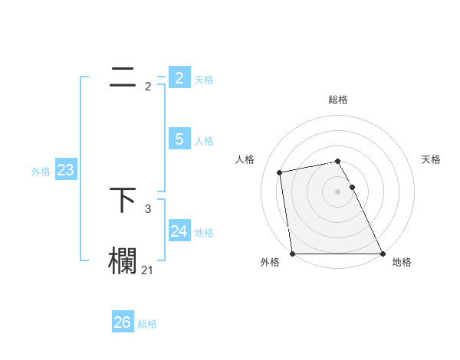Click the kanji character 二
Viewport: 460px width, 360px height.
click(123, 77)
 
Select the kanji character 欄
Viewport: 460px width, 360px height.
click(123, 260)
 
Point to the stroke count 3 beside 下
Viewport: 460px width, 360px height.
click(148, 208)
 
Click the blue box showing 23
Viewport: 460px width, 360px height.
click(65, 170)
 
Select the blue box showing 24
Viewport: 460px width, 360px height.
click(179, 231)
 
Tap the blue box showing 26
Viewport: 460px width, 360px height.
click(122, 322)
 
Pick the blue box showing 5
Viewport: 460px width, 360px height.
click(179, 139)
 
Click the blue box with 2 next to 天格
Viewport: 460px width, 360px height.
click(179, 78)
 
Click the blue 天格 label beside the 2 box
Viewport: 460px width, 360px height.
click(204, 80)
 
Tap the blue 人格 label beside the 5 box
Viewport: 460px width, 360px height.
click(204, 141)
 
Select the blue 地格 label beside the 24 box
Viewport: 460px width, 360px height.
click(204, 233)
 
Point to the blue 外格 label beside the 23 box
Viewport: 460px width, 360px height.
click(41, 172)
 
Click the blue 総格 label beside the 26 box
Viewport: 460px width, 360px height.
click(147, 324)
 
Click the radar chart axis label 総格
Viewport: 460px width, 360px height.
click(338, 100)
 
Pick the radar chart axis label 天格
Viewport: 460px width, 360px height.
click(431, 159)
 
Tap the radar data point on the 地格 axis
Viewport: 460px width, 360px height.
click(382, 253)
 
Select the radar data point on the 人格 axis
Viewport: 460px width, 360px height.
click(280, 172)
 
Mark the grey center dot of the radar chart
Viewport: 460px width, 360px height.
click(338, 191)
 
